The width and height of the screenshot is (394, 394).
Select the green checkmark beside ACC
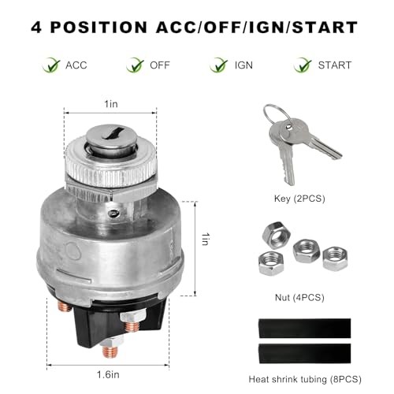click(x=52, y=65)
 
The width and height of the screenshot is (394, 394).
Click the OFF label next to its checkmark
click(x=160, y=65)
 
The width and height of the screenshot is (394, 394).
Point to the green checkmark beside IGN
click(x=218, y=65)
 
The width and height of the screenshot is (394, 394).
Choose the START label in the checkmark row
click(x=334, y=65)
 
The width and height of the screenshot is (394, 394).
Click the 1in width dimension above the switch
click(x=112, y=102)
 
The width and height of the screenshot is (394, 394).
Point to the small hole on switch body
click(x=113, y=211)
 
